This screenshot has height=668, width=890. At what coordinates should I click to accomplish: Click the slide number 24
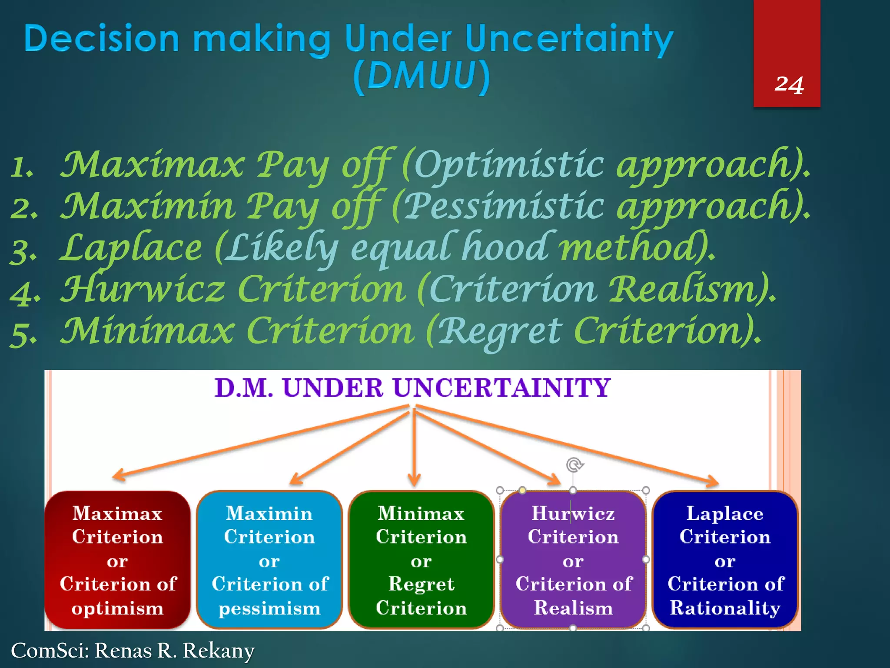[x=789, y=85]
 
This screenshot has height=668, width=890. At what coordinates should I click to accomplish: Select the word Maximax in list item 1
[x=152, y=165]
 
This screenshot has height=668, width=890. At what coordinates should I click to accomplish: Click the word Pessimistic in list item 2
[x=504, y=206]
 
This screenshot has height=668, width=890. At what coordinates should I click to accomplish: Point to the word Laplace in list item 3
[x=131, y=248]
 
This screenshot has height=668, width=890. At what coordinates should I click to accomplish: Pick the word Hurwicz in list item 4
[x=143, y=290]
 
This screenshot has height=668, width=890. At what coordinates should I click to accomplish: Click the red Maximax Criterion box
[x=117, y=560]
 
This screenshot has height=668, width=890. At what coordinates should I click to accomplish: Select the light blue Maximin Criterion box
[x=269, y=560]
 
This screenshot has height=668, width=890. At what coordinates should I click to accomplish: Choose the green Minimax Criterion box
[x=421, y=560]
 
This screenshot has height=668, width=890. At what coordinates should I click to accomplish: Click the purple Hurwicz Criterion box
[x=573, y=560]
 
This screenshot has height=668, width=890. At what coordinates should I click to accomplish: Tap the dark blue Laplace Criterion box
[x=725, y=560]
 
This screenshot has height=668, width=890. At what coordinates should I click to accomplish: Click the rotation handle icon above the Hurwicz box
[x=574, y=465]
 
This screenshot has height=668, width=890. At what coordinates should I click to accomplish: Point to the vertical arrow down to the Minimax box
[x=414, y=448]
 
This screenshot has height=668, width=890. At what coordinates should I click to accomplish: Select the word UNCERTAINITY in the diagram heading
[x=501, y=388]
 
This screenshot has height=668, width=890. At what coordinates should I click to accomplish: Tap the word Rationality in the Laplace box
[x=725, y=608]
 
